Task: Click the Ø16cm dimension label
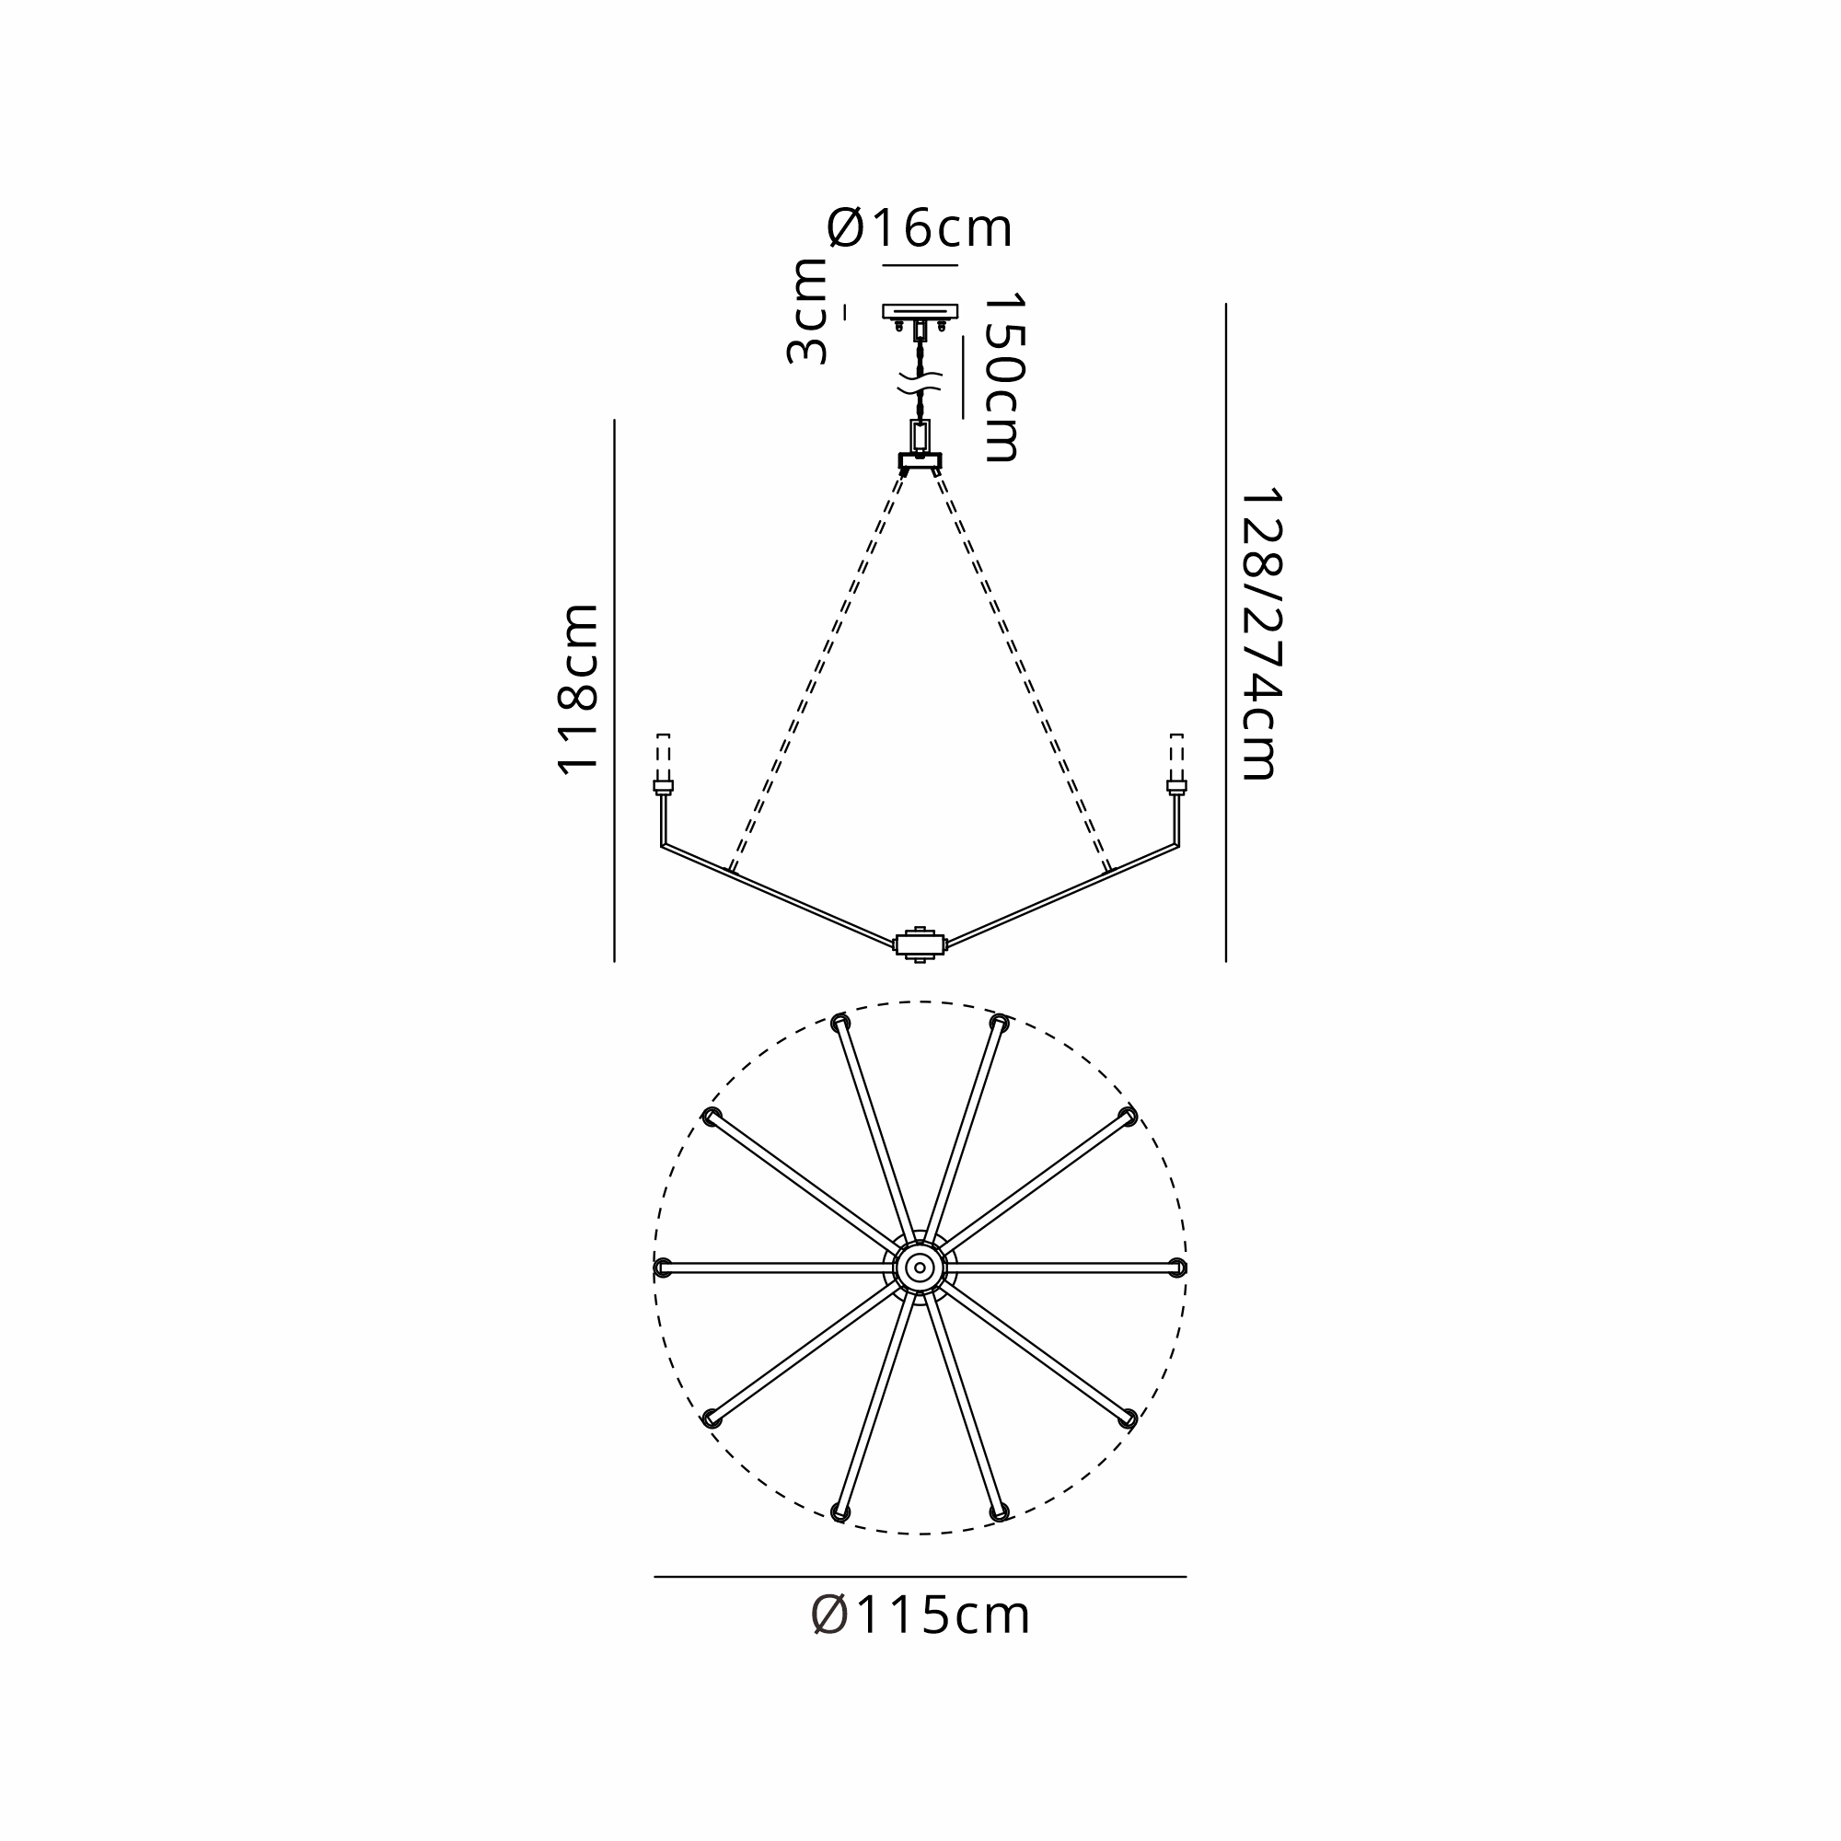[919, 228]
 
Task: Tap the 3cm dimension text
[806, 312]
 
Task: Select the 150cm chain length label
[1003, 377]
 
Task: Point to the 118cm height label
[577, 689]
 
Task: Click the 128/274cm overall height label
[1260, 634]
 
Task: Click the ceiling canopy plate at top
[920, 310]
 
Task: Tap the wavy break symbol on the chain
[920, 381]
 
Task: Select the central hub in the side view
[920, 944]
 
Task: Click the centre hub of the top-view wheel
[920, 1268]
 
